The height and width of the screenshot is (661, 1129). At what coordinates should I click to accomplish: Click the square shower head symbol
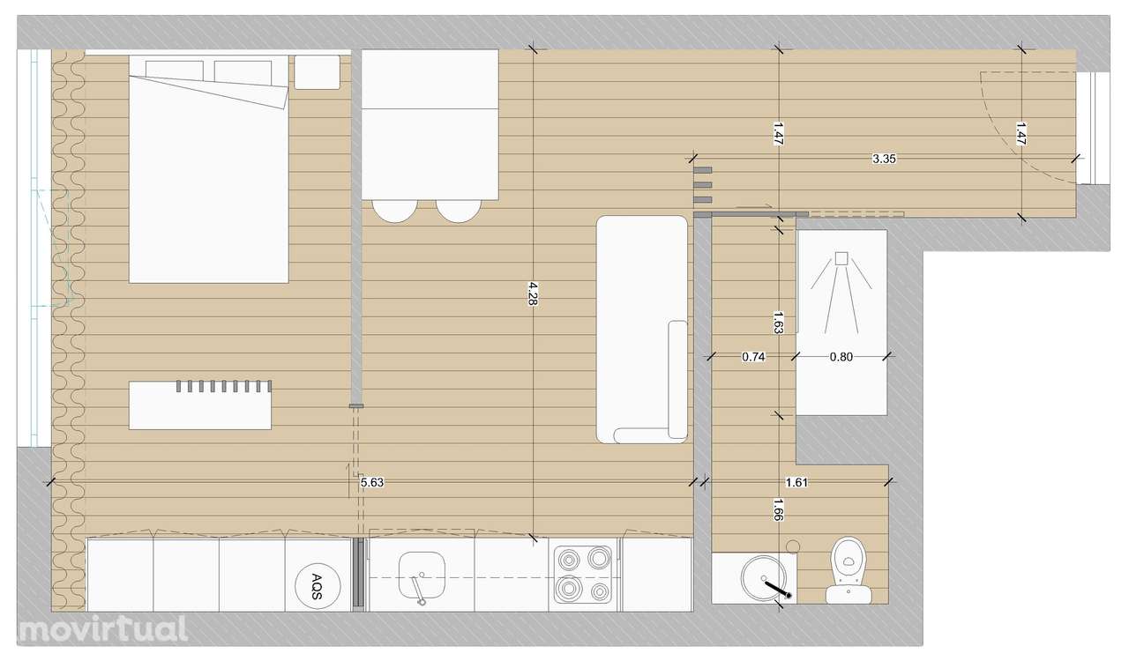click(841, 258)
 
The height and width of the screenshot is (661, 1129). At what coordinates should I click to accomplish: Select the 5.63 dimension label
click(372, 482)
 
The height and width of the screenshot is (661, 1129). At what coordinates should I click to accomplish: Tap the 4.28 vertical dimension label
click(533, 293)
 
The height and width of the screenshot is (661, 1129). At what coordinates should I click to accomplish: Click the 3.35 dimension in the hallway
click(885, 160)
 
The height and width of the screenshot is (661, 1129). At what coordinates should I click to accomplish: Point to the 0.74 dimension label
click(753, 357)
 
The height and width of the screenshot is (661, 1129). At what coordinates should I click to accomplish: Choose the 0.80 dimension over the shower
click(841, 357)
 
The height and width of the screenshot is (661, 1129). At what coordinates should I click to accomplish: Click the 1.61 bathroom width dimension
click(797, 482)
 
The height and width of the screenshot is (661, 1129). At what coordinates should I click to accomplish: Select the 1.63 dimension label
click(778, 323)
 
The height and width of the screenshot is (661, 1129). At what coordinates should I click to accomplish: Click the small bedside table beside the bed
click(317, 71)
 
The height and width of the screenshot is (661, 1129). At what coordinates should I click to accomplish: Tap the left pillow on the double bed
click(174, 71)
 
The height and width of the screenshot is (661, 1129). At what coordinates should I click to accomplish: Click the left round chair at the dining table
click(393, 210)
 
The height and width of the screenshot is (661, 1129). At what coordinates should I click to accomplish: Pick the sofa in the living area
click(642, 329)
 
